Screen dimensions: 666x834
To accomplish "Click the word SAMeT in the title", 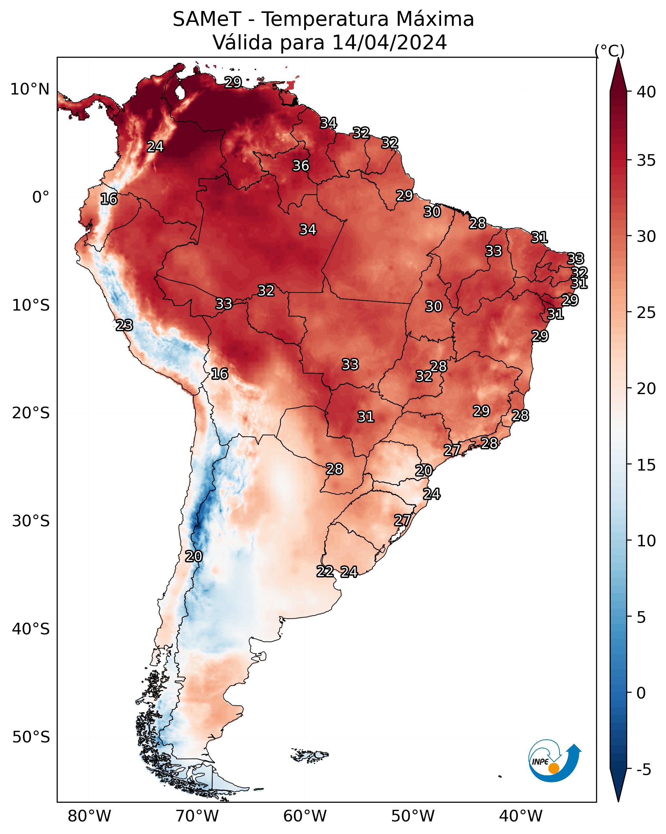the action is pyautogui.click(x=207, y=19).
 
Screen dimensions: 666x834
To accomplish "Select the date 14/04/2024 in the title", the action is pyautogui.click(x=389, y=43).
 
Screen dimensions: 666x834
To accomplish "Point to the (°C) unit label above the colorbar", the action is pyautogui.click(x=609, y=51).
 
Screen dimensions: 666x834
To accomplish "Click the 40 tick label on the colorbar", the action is pyautogui.click(x=646, y=92).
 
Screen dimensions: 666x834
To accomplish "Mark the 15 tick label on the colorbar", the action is pyautogui.click(x=646, y=465).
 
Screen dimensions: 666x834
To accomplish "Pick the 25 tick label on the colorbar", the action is pyautogui.click(x=646, y=313).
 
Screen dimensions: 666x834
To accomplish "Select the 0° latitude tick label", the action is pyautogui.click(x=41, y=197).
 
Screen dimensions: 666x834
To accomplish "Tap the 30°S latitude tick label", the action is pyautogui.click(x=31, y=521).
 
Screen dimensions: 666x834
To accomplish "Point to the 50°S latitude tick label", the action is pyautogui.click(x=31, y=737).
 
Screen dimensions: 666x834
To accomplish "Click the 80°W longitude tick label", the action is pyautogui.click(x=89, y=816).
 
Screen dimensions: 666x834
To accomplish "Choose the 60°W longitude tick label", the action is pyautogui.click(x=305, y=816).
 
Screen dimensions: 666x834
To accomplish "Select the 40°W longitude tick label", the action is pyautogui.click(x=521, y=816).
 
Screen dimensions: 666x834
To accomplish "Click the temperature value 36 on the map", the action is pyautogui.click(x=301, y=165).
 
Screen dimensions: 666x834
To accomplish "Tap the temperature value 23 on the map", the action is pyautogui.click(x=124, y=325).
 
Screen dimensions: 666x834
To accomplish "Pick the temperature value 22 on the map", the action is pyautogui.click(x=325, y=571).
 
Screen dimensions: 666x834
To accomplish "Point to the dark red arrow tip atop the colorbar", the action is pyautogui.click(x=618, y=58).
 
